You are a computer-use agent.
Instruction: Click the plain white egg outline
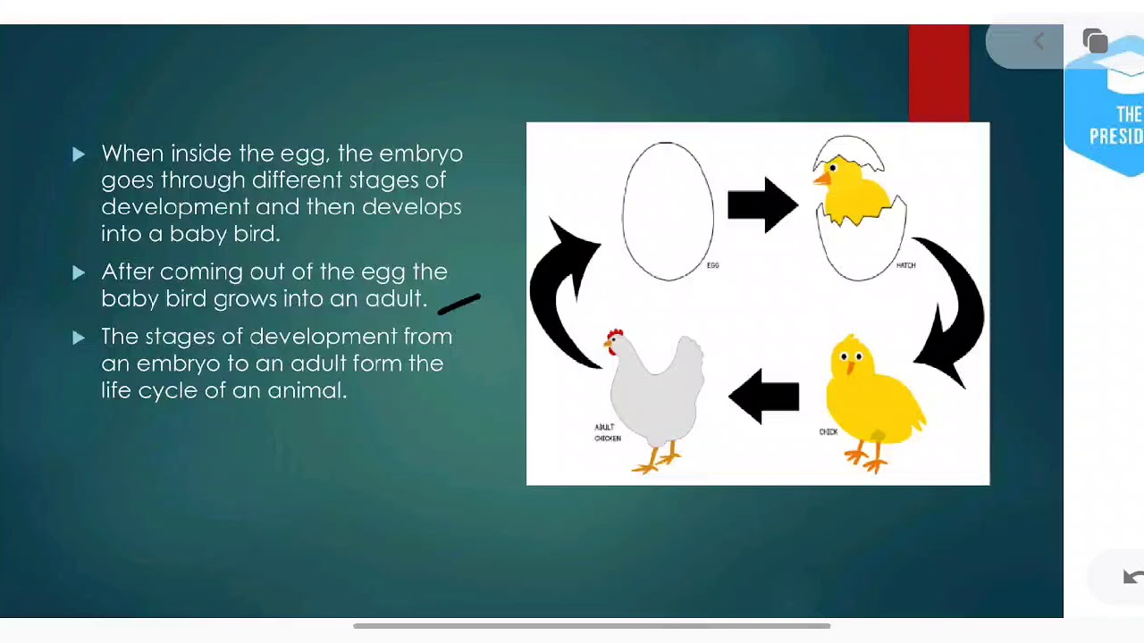click(668, 212)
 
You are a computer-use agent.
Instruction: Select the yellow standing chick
click(871, 393)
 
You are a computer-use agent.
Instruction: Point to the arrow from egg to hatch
click(761, 205)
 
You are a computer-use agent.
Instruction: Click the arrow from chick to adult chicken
click(763, 397)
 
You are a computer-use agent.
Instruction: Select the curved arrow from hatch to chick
click(952, 308)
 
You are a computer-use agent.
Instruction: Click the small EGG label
click(712, 265)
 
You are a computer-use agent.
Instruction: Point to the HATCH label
click(905, 265)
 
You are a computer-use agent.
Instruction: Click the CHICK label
click(829, 432)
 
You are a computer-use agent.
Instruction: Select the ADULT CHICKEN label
click(608, 433)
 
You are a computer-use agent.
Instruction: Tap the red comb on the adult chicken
click(614, 337)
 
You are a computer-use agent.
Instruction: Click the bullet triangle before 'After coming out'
click(79, 272)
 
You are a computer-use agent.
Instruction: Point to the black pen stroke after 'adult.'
click(458, 305)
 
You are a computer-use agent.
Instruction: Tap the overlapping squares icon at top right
click(1095, 41)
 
